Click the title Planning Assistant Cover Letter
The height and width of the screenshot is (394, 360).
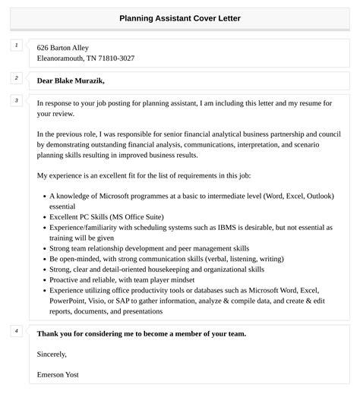pyautogui.click(x=180, y=17)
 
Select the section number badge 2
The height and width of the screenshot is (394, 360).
pyautogui.click(x=17, y=77)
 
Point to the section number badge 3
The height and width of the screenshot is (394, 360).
pyautogui.click(x=17, y=100)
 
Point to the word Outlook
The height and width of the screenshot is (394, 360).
pyautogui.click(x=314, y=196)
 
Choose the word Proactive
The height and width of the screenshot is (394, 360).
pyautogui.click(x=67, y=279)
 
